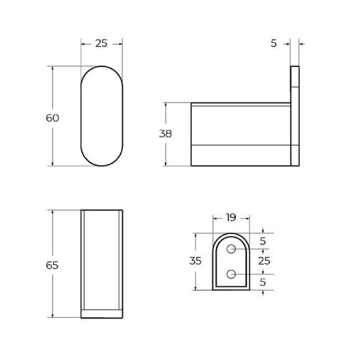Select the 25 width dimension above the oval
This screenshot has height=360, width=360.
(101, 43)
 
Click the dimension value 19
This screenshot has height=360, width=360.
(231, 218)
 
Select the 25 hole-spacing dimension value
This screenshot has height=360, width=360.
(264, 261)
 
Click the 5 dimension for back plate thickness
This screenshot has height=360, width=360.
(273, 43)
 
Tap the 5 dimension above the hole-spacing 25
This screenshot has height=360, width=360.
(263, 241)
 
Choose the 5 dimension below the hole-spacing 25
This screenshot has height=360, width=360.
(263, 282)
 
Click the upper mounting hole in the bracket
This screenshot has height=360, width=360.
(232, 249)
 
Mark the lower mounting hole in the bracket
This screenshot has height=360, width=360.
(232, 274)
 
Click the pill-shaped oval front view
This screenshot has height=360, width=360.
(101, 115)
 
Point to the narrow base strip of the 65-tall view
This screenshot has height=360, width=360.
(101, 313)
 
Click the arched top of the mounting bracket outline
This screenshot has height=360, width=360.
(232, 236)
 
